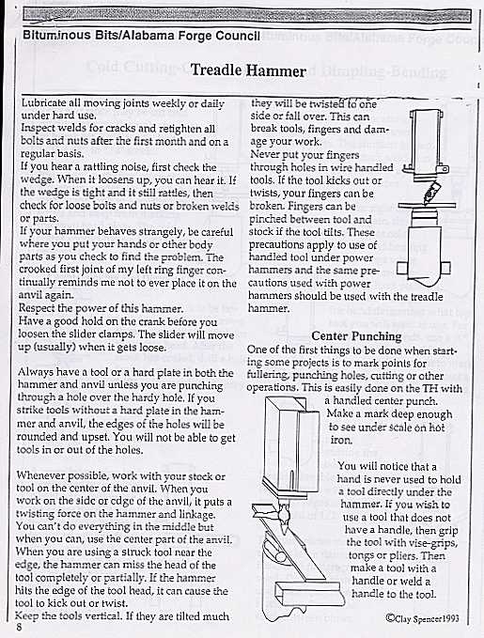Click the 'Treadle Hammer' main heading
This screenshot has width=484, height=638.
(248, 71)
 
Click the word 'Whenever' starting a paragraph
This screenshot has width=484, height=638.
(48, 476)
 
